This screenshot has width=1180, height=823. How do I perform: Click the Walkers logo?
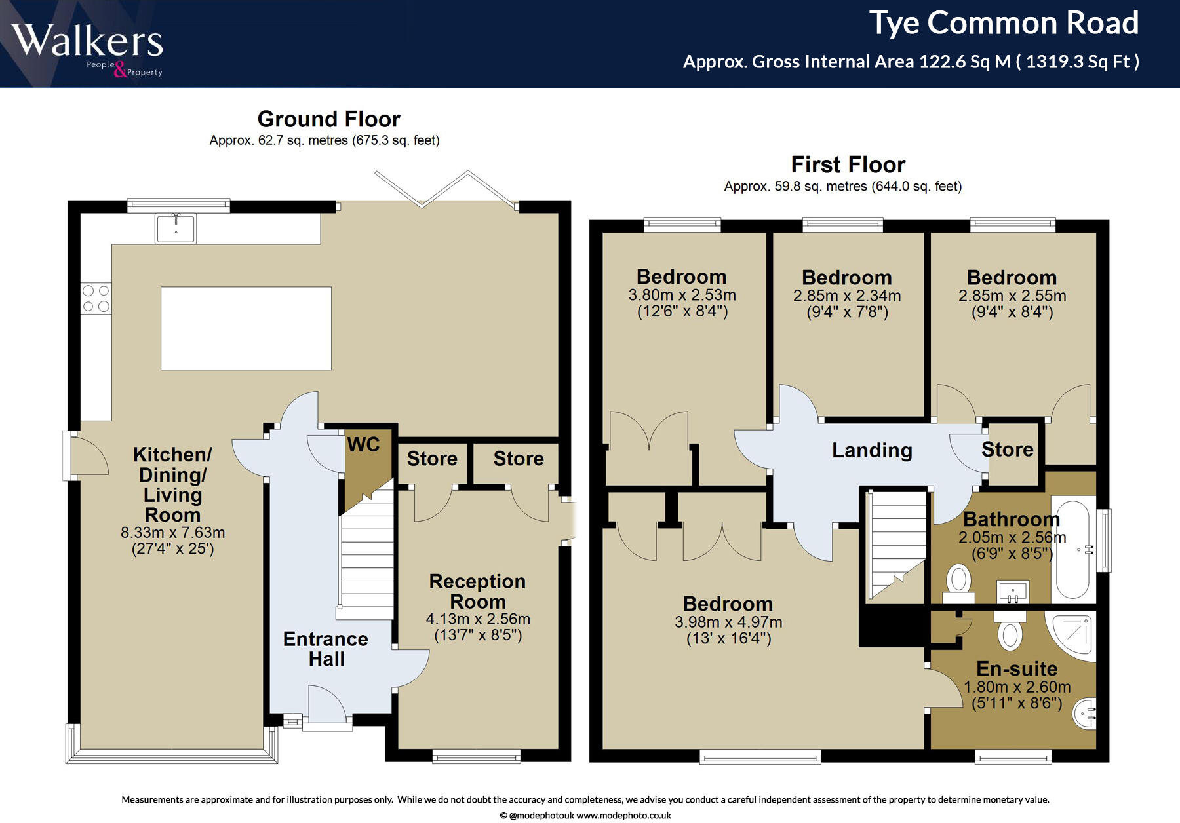pyautogui.click(x=87, y=49)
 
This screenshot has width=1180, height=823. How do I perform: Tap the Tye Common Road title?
pyautogui.click(x=1004, y=24)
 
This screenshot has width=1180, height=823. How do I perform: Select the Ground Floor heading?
pyautogui.click(x=328, y=119)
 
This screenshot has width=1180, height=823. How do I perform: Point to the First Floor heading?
pyautogui.click(x=848, y=164)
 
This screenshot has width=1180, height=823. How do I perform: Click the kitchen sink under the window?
pyautogui.click(x=176, y=228)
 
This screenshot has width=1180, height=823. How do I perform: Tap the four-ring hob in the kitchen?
pyautogui.click(x=96, y=299)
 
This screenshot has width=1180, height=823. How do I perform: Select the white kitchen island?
pyautogui.click(x=246, y=328)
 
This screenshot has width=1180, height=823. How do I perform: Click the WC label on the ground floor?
pyautogui.click(x=363, y=444)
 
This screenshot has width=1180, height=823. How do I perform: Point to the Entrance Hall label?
pyautogui.click(x=326, y=649)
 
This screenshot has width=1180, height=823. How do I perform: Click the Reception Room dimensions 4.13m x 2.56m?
pyautogui.click(x=478, y=619)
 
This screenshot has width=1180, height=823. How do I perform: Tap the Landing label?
pyautogui.click(x=872, y=450)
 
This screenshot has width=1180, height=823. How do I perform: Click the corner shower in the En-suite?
pyautogui.click(x=1070, y=636)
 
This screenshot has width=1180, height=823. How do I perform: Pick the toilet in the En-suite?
pyautogui.click(x=1010, y=630)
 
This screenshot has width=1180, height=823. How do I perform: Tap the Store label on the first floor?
pyautogui.click(x=1008, y=450)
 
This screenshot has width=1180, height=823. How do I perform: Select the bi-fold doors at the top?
pyautogui.click(x=444, y=190)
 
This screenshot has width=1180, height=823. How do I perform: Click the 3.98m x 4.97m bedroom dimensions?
pyautogui.click(x=728, y=622)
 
